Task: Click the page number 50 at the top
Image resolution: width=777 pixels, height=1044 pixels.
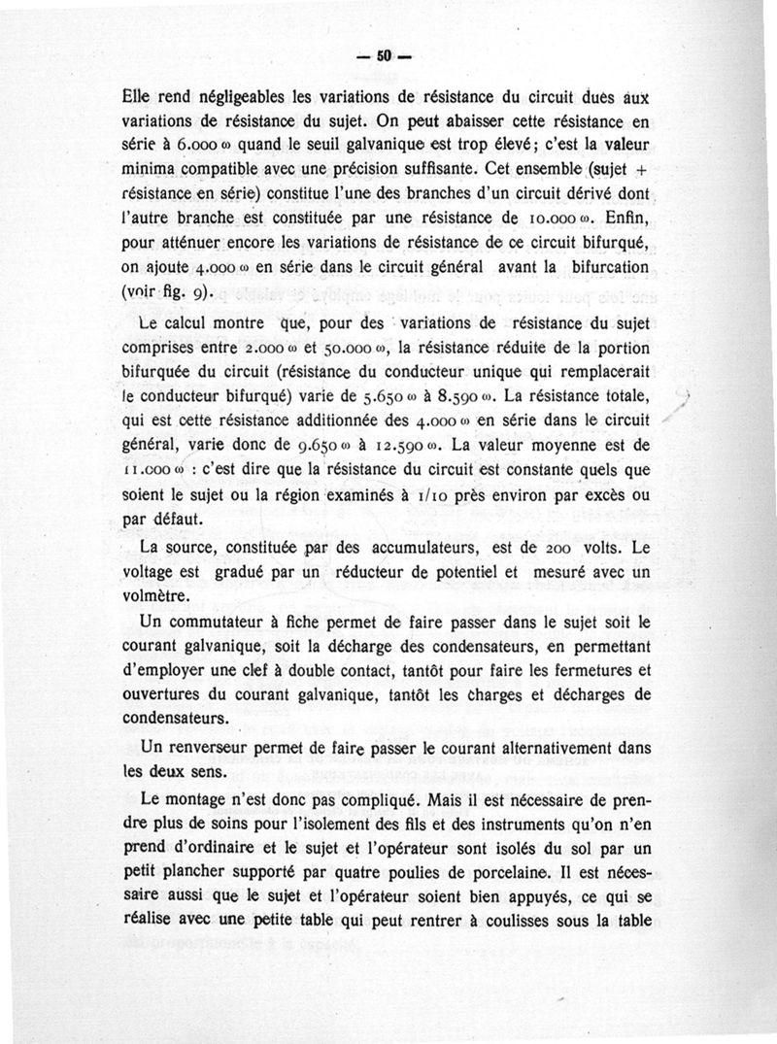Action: click(384, 57)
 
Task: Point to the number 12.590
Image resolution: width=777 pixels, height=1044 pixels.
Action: click(399, 449)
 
